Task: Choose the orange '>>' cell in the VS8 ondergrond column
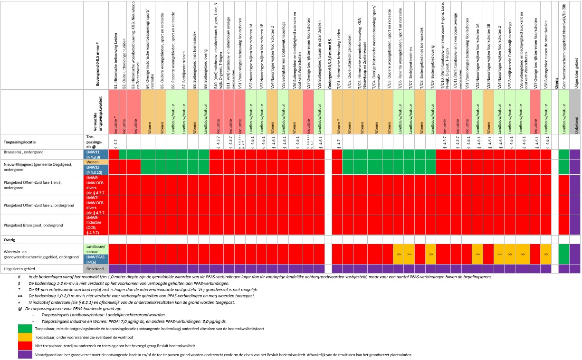coord(545,255)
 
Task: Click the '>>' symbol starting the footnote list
coord(19,296)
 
